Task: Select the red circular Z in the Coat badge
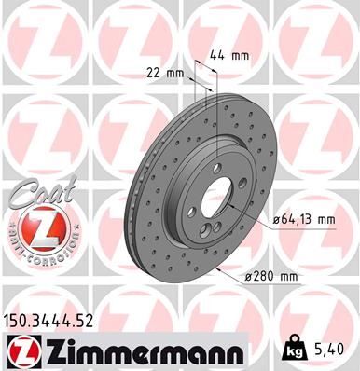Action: [x=35, y=228]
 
